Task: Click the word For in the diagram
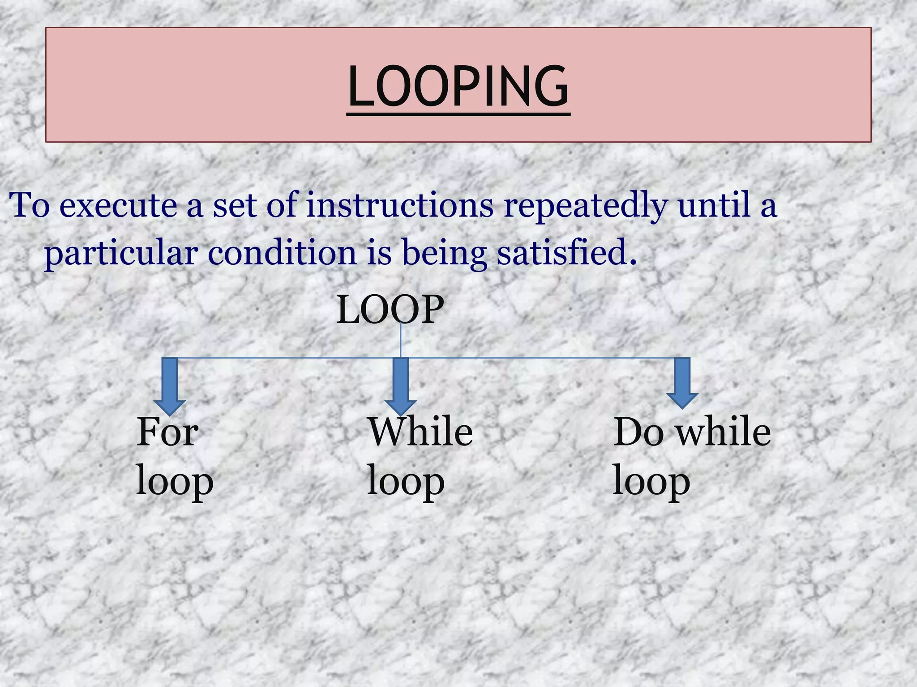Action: tap(167, 432)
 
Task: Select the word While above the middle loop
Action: tap(420, 432)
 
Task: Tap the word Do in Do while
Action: tap(639, 432)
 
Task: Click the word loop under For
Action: tap(175, 482)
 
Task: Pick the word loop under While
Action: tap(405, 482)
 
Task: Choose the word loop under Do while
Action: tap(651, 482)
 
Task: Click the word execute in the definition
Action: tap(118, 206)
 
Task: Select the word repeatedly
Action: tap(586, 206)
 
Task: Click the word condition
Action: tap(282, 253)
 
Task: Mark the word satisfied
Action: tap(566, 253)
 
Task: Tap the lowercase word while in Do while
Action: tap(724, 432)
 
